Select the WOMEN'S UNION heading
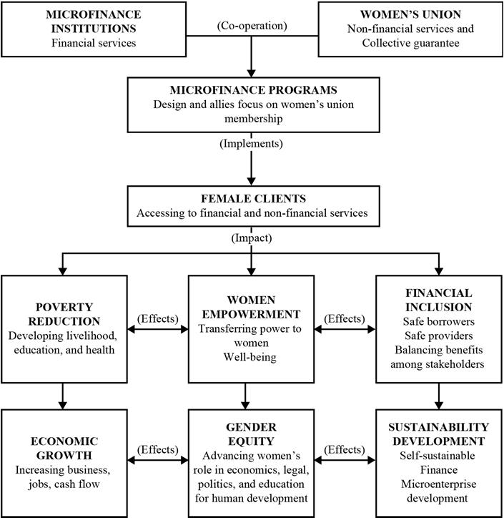[410, 14]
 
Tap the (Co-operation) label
[252, 26]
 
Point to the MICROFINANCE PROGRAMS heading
[252, 91]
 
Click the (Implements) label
[252, 143]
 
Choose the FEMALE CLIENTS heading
[252, 198]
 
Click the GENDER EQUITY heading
[252, 434]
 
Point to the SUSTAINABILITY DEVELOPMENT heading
[438, 434]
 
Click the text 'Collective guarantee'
[410, 42]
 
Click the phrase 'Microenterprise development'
[438, 490]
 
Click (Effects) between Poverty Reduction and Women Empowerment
[158, 318]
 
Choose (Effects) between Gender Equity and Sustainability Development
[345, 449]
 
